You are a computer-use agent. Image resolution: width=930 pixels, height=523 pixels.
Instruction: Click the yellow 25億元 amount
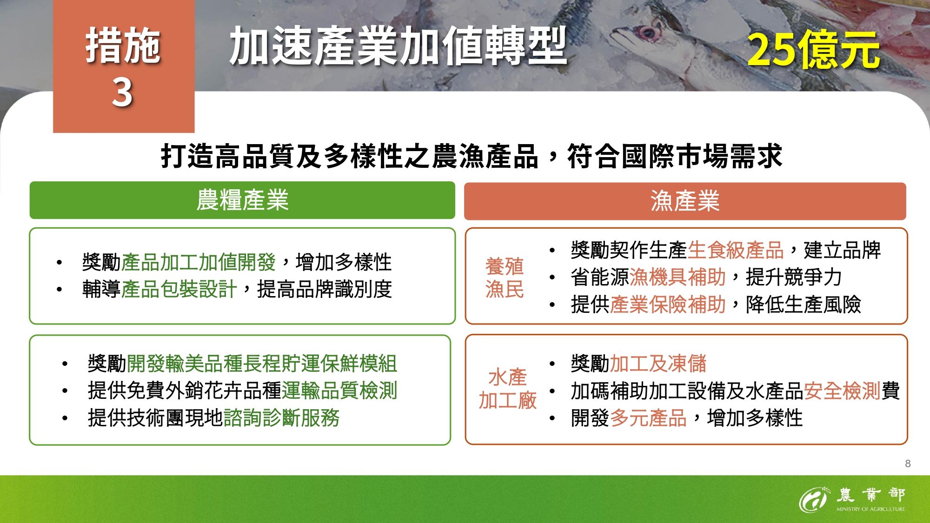pos(813,50)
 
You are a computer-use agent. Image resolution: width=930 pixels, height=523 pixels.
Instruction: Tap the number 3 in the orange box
pos(122,92)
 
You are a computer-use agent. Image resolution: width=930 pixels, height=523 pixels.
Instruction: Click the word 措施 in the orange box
pos(123,46)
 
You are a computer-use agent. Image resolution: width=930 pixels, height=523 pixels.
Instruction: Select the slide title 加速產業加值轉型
pos(398,46)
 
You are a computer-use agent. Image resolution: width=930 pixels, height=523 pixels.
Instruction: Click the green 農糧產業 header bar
pos(242,200)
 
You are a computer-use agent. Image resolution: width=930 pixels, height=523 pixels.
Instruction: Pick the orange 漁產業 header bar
pos(685,201)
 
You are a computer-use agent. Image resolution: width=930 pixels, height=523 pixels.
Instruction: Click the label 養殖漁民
pos(505,278)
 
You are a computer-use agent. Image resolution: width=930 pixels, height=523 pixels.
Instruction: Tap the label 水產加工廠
pos(507,389)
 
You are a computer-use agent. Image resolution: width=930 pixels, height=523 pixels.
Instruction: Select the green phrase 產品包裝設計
pos(179,289)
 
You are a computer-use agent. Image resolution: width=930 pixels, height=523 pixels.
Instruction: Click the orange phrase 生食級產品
pos(736,250)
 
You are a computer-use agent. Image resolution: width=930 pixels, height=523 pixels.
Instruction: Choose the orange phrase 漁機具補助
pos(678,278)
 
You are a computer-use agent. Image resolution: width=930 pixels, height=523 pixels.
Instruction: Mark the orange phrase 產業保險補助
pos(668,305)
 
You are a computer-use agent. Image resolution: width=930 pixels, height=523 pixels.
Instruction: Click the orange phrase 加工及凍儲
pos(658,364)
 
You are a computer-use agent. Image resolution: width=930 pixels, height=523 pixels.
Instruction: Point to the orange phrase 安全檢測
pos(842,391)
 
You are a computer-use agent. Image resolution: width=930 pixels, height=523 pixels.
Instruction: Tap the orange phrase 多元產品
pos(648,418)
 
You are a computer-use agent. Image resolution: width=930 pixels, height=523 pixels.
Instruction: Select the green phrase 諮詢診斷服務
pos(282,418)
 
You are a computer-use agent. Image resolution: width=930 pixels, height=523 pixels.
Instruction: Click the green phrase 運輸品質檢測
pos(339,391)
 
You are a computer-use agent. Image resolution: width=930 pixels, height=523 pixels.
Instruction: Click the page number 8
pos(908,463)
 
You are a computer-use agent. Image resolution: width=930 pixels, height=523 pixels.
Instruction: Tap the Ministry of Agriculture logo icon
pos(813,500)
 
